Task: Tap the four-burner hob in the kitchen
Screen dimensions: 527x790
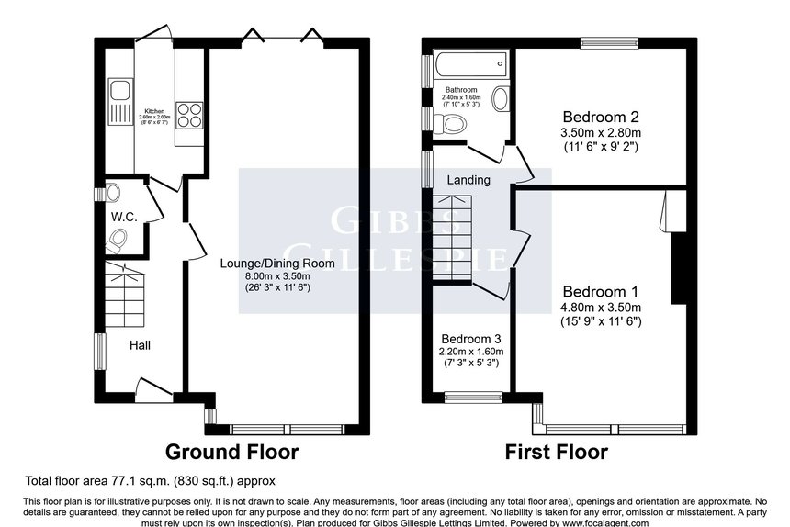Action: [x=188, y=115]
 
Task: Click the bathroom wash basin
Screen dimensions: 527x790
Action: [x=501, y=98]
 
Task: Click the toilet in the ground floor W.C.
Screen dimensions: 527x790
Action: [x=117, y=241]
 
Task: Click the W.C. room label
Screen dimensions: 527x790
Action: [x=124, y=217]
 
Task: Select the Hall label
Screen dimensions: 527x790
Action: [x=140, y=345]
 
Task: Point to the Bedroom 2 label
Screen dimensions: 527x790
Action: [x=601, y=118]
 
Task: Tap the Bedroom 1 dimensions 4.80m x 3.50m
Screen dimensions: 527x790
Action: [x=601, y=308]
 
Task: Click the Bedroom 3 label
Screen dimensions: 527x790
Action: [x=470, y=337]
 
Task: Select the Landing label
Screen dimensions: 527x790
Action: [x=468, y=180]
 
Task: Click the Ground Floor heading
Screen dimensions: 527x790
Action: [x=231, y=452]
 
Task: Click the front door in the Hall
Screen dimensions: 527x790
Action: [x=151, y=387]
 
